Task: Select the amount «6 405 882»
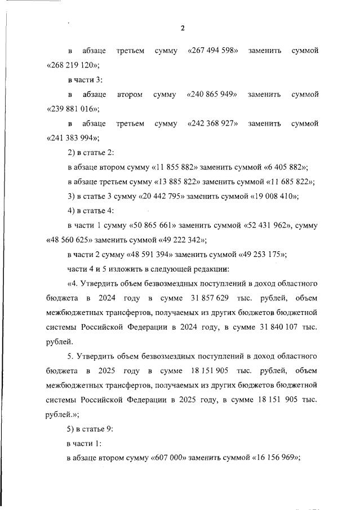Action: click(x=283, y=167)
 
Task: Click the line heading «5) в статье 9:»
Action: click(x=90, y=429)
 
